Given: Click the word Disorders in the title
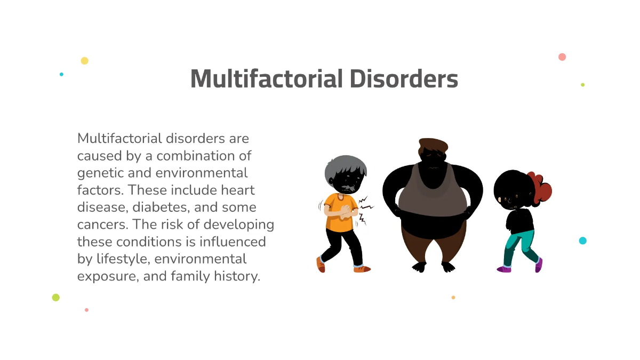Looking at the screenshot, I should (404, 79).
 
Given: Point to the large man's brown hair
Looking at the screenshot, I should (433, 145).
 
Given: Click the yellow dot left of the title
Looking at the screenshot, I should (84, 61).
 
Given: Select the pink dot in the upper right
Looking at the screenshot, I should (562, 57).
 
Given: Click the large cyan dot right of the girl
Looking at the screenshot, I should (582, 241).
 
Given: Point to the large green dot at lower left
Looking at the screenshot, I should (55, 298).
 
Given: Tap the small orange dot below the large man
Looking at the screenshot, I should (453, 298).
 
